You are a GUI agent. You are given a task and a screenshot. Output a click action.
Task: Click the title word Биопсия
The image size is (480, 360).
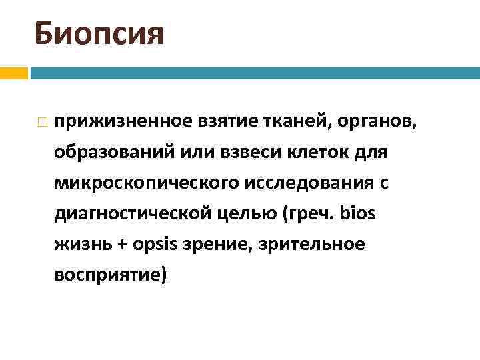click(99, 33)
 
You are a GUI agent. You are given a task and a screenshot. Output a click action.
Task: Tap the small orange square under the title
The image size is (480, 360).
click(13, 73)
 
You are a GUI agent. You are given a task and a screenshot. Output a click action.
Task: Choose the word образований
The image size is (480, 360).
click(112, 153)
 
